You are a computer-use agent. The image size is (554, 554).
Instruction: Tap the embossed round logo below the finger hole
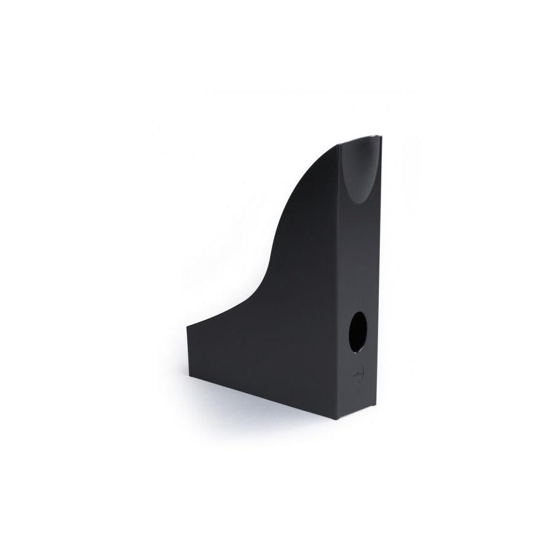point(357,376)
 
